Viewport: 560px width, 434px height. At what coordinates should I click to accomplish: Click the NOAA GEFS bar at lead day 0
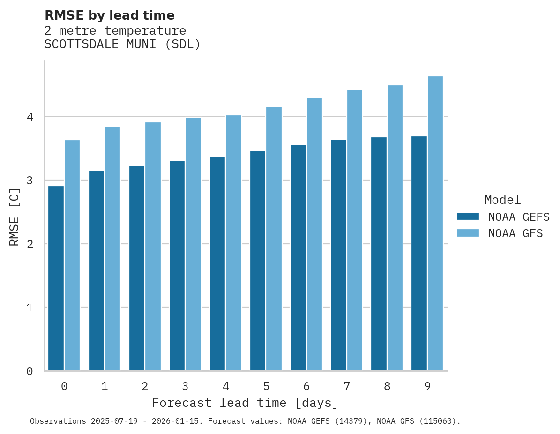56,278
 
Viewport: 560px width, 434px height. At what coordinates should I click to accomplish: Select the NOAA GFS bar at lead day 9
435,224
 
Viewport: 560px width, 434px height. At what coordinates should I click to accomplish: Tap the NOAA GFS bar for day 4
233,243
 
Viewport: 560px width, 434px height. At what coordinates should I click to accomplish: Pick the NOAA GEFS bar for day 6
298,258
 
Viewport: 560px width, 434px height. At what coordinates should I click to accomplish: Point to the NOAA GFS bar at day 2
153,246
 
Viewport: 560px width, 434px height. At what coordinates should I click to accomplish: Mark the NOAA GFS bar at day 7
355,230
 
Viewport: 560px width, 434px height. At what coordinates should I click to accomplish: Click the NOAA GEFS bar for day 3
177,266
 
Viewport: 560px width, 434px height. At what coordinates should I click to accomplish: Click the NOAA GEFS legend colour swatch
468,217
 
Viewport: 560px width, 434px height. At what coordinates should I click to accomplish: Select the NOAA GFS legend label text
515,233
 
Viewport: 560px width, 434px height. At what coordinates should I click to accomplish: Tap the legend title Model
502,200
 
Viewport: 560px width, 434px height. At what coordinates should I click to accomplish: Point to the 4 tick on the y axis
30,116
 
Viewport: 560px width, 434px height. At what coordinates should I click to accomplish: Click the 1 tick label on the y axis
30,308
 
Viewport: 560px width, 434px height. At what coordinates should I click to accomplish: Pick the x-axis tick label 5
266,386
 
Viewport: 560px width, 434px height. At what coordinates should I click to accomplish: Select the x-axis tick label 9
427,386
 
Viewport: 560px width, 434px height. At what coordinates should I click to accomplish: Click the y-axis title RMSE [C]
15,217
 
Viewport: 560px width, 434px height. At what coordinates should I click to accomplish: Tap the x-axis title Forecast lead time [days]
245,403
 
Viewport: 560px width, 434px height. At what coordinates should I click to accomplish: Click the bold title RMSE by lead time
109,15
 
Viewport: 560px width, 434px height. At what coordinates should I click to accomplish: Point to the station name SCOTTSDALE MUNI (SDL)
122,44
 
